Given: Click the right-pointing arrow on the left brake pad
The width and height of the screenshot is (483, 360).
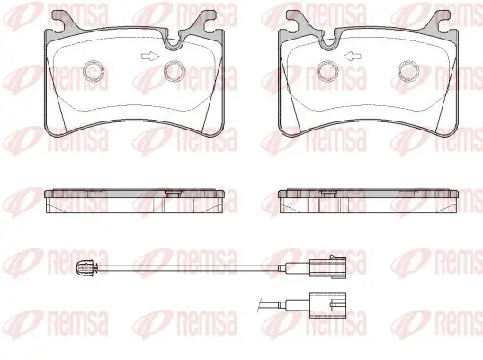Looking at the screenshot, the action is point(150,57).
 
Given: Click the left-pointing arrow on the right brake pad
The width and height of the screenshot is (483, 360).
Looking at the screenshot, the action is point(352,57).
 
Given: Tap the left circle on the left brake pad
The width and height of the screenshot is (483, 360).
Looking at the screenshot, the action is point(94,71).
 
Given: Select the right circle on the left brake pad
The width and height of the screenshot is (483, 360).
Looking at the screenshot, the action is point(174,71).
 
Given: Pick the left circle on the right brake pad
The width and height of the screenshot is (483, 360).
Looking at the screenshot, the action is point(327,71).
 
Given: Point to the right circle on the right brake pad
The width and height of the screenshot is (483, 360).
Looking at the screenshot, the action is point(408,71).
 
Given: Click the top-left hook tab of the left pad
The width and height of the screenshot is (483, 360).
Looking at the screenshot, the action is point(63,21).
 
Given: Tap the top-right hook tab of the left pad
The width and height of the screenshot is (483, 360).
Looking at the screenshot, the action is point(206,21).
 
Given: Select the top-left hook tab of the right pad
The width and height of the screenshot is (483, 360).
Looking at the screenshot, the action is point(297,21).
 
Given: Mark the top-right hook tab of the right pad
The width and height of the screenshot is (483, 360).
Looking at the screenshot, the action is point(440,21).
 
